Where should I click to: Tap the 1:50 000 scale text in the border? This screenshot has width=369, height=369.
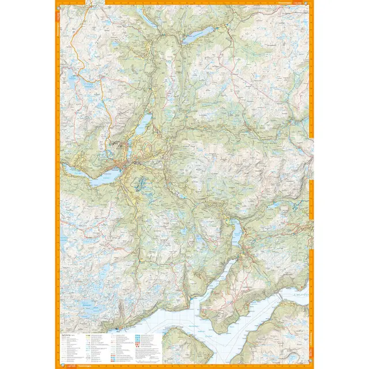coord(300,4)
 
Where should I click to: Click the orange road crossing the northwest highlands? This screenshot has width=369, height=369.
coord(104,92)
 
